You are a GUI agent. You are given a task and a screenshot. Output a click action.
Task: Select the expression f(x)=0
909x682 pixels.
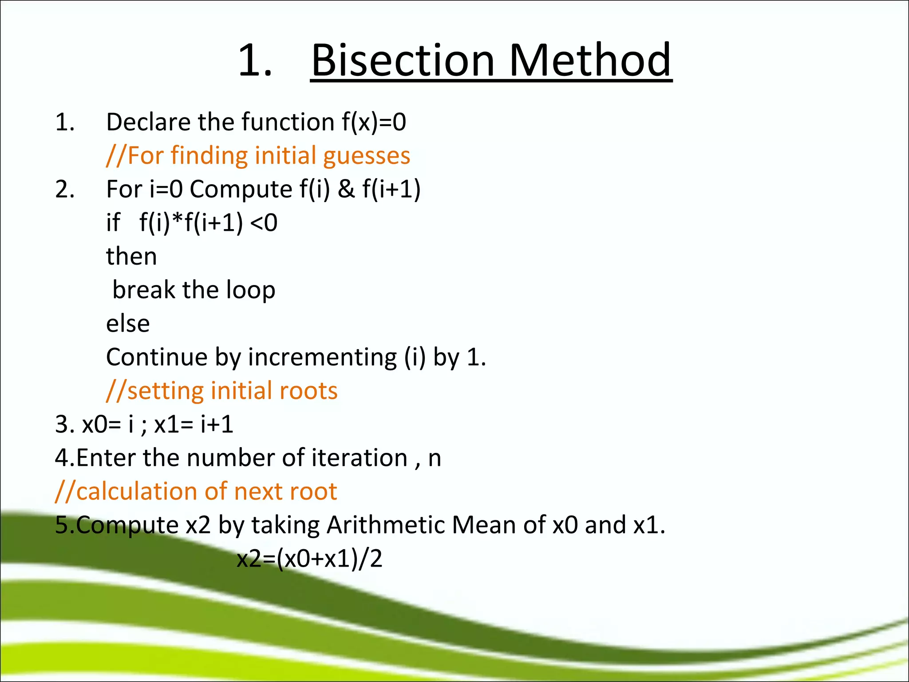(x=374, y=122)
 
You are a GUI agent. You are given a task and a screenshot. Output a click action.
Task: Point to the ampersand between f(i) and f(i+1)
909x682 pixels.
(x=346, y=189)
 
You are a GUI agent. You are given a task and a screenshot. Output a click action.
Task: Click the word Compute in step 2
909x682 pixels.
(x=241, y=190)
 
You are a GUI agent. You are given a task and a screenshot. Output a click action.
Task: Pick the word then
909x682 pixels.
(x=131, y=257)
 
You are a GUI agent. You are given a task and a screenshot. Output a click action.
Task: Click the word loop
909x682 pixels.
(x=250, y=291)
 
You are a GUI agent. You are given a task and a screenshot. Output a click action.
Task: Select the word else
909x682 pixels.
(x=128, y=324)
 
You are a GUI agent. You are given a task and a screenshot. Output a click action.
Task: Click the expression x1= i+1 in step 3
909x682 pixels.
(x=194, y=424)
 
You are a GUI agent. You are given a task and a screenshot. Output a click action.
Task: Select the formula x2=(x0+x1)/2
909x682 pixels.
(x=309, y=559)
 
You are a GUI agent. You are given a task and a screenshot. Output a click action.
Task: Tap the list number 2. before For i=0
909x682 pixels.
(x=65, y=190)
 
